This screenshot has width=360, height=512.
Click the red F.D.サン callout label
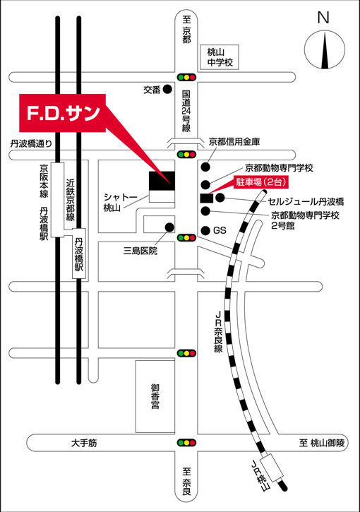[x=62, y=113]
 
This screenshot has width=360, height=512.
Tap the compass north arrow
[x=325, y=50]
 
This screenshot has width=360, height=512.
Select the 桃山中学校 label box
[x=220, y=57]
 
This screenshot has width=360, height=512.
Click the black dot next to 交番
[x=167, y=89]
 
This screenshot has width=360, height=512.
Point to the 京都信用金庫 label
[x=234, y=142]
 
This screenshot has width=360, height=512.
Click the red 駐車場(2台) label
[x=261, y=182]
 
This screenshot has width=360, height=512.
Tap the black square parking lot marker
[x=206, y=198]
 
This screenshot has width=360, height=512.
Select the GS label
[x=220, y=230]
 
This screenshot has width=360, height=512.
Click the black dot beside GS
[x=205, y=231]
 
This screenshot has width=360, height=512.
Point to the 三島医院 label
[x=140, y=251]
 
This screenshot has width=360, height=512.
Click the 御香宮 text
[x=155, y=397]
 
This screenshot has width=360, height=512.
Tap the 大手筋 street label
[x=84, y=443]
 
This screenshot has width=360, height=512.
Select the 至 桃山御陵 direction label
[x=322, y=443]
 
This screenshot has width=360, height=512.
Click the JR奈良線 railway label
[x=218, y=331]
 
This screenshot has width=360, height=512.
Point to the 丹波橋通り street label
[x=31, y=143]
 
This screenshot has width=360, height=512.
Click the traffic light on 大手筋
[x=186, y=443]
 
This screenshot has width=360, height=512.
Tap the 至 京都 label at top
[x=186, y=30]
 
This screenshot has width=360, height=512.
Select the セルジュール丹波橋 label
[x=306, y=201]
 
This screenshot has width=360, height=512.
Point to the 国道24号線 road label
[x=186, y=112]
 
